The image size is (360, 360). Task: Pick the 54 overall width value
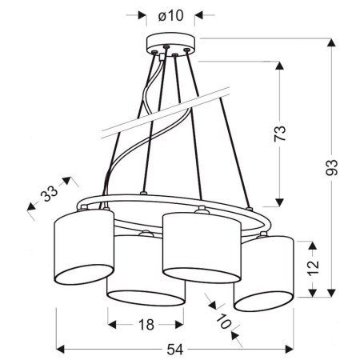tap(171, 350)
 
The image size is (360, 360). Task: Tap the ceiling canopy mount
tap(168, 45)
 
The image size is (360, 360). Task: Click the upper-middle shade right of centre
tap(199, 244)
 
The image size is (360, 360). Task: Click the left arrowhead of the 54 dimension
tap(60, 350)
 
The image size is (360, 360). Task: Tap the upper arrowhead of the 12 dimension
tap(313, 242)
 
